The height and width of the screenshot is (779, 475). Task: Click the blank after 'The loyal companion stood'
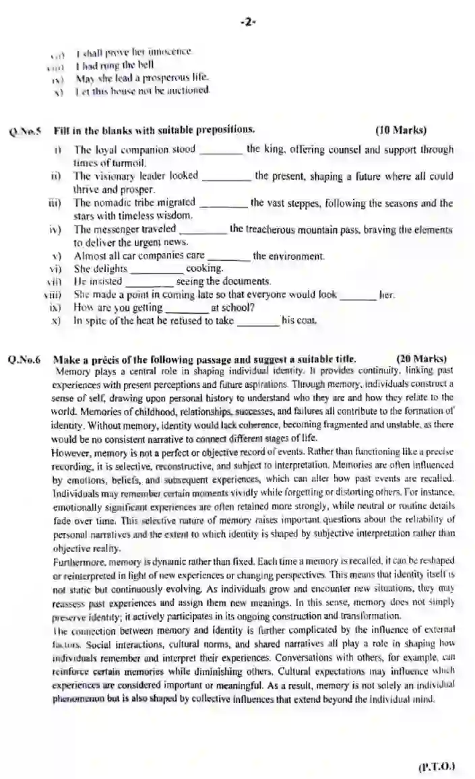(x=221, y=151)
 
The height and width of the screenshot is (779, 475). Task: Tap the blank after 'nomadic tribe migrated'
(x=223, y=203)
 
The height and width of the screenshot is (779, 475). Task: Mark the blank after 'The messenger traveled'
(x=203, y=230)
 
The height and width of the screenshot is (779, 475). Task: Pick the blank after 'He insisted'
(x=150, y=283)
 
